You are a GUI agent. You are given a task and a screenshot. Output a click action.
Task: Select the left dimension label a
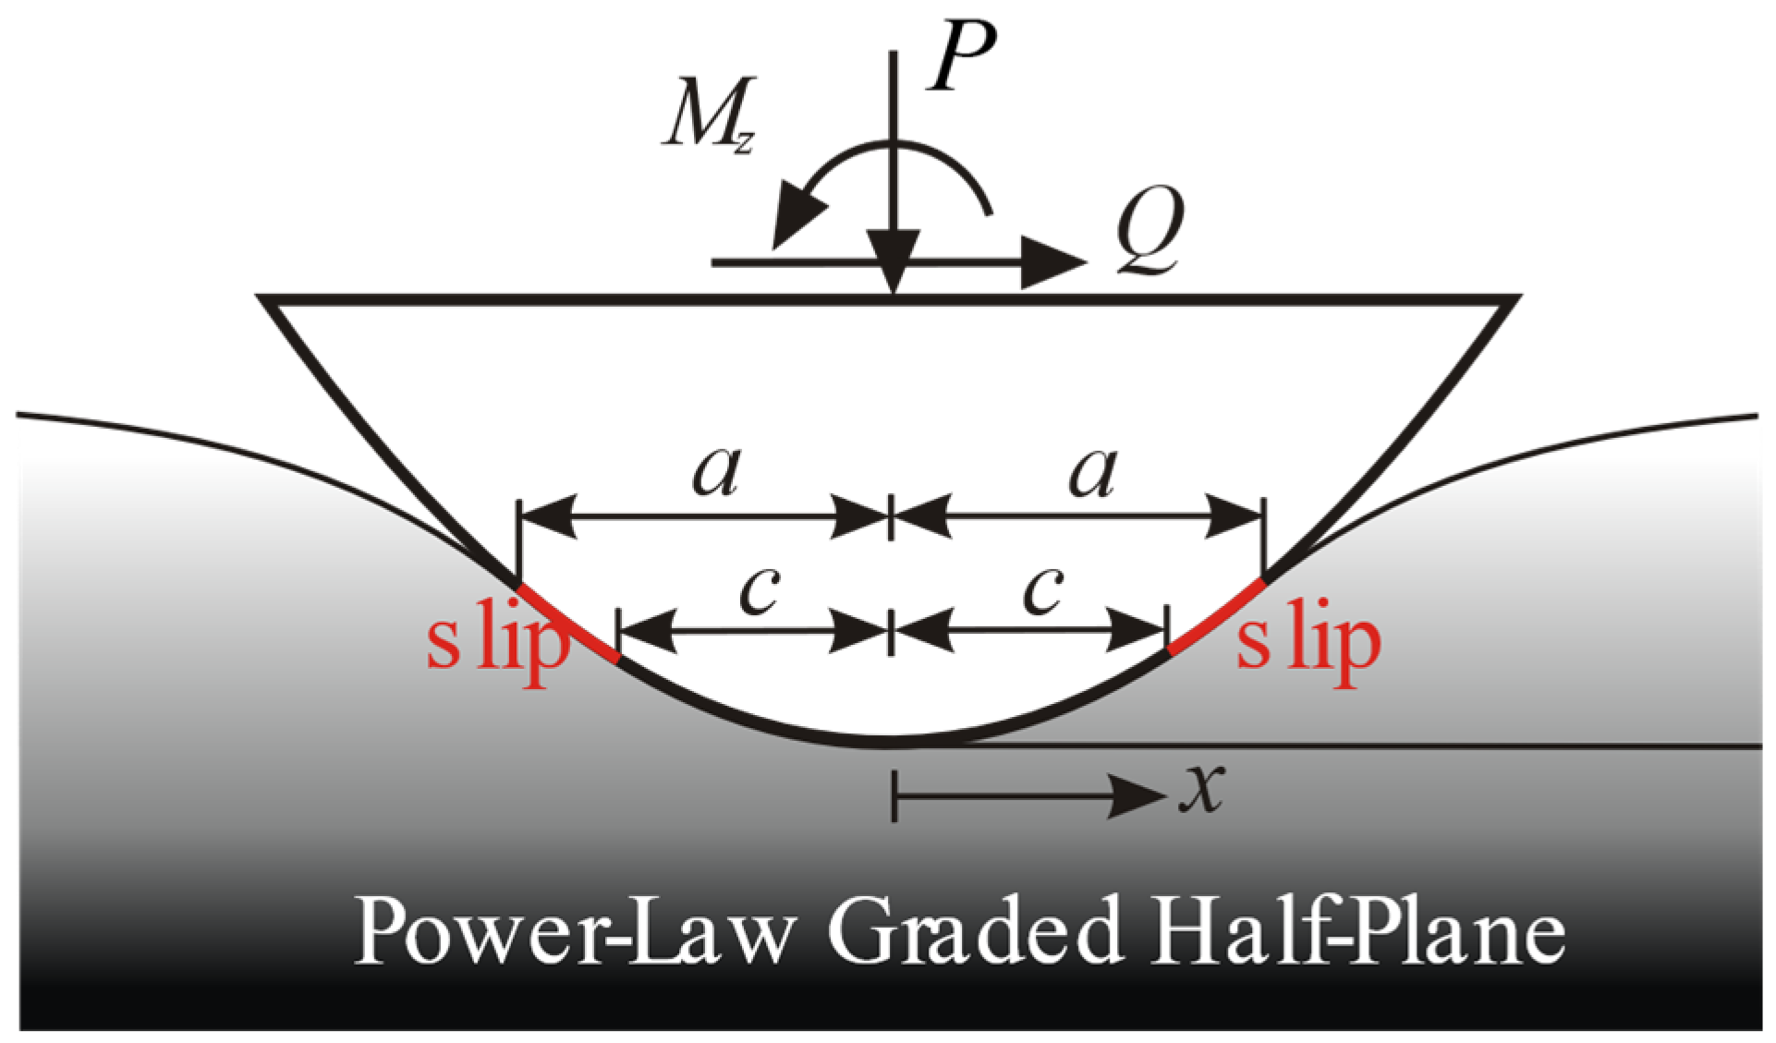click(x=717, y=471)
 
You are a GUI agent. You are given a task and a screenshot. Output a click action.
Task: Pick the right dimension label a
click(x=1092, y=471)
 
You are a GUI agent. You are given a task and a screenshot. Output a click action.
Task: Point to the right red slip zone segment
click(x=1216, y=616)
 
